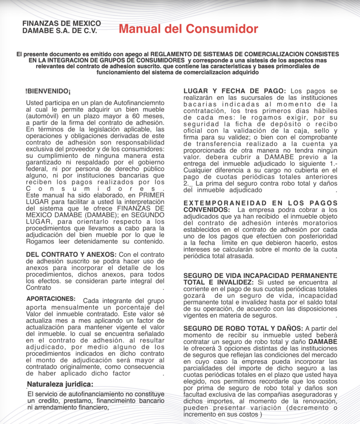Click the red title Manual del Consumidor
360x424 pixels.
[x=188, y=29]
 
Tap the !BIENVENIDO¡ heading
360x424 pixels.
[x=48, y=91]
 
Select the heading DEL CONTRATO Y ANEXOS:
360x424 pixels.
[x=71, y=254]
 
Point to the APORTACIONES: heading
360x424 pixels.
[x=51, y=299]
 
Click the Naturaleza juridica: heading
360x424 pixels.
[x=60, y=384]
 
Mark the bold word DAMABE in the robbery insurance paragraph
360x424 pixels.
[x=323, y=342]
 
